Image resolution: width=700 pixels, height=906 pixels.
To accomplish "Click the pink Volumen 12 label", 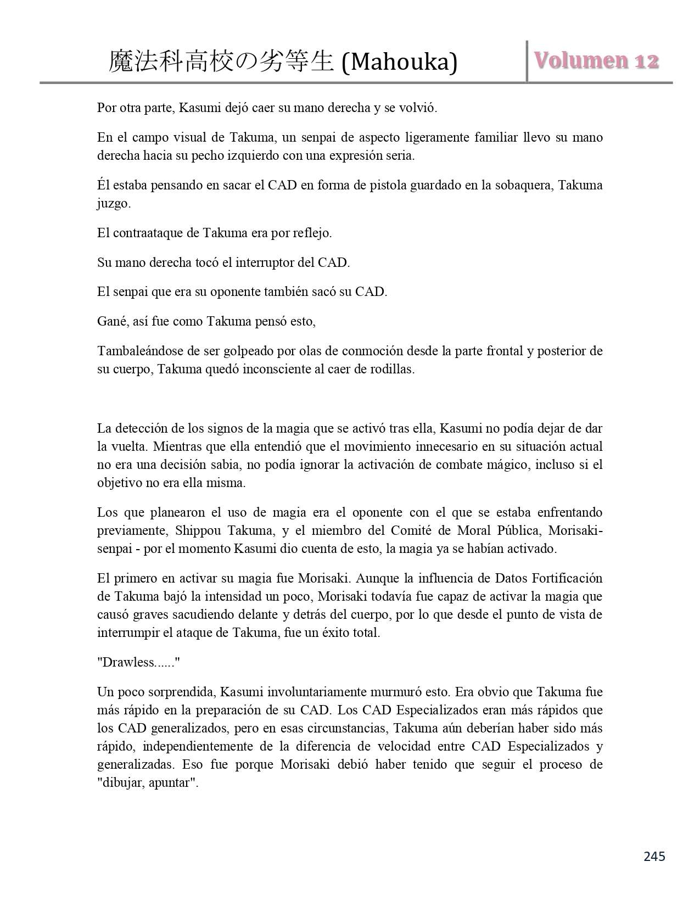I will coord(596,61).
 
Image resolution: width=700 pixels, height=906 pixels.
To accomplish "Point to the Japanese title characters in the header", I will coord(221,62).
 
